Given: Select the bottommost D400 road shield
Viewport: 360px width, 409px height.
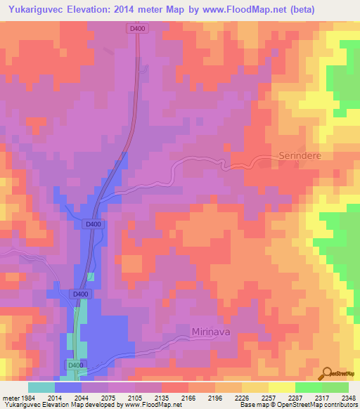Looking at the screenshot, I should coord(75,365).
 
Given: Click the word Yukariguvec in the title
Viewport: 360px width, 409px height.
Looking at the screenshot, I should coord(42,9).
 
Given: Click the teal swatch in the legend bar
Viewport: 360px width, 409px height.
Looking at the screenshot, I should coord(41,387).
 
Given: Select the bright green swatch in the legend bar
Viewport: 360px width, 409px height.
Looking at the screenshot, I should coord(308,387).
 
